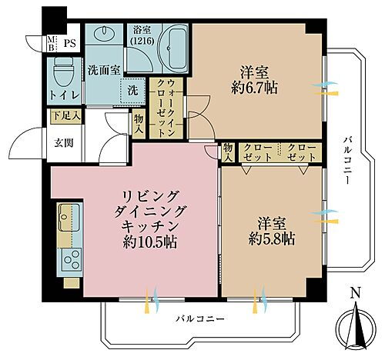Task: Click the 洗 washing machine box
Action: point(134,90)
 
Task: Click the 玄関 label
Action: point(64,142)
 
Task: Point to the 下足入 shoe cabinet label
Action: point(65,117)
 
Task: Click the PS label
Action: point(69,44)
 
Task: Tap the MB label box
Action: point(52,43)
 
